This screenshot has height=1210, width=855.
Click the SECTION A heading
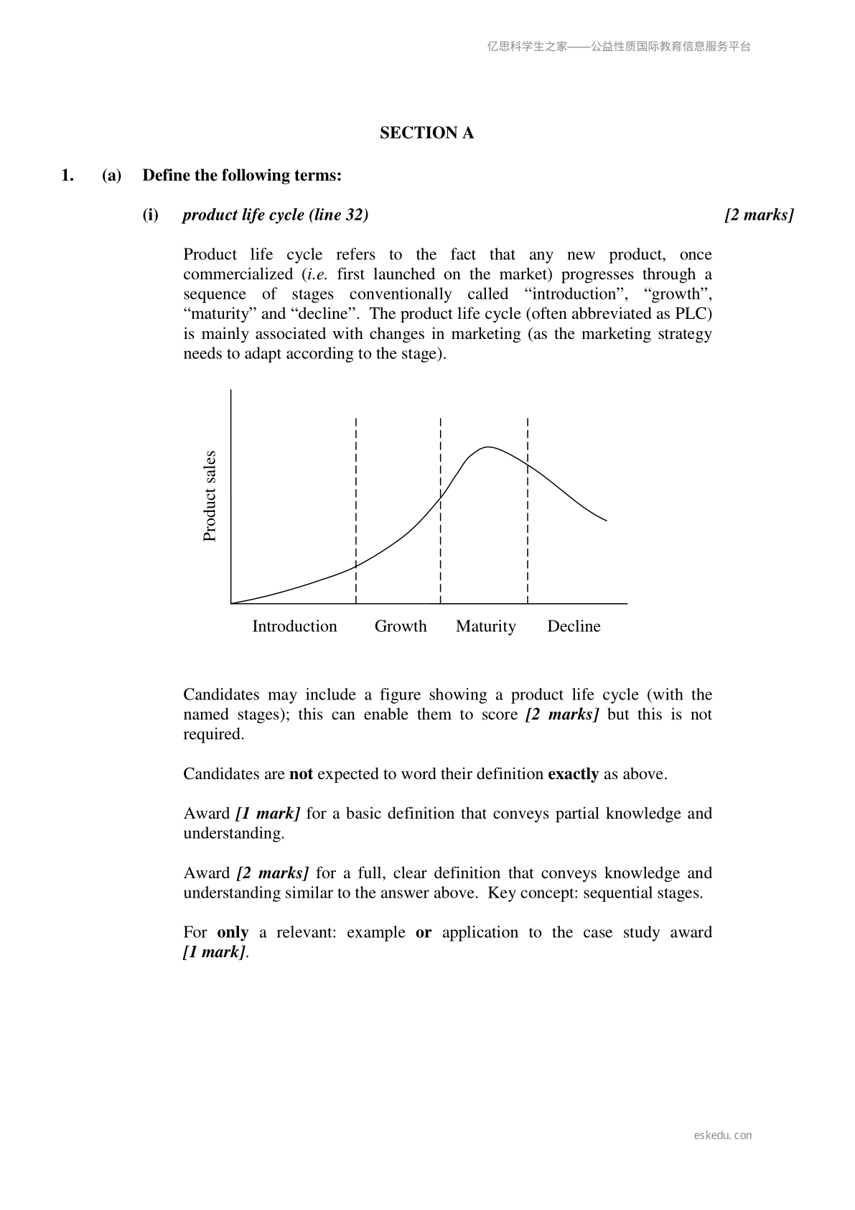pos(426,133)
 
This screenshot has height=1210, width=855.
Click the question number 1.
pos(67,175)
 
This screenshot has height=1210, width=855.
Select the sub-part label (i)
pos(150,215)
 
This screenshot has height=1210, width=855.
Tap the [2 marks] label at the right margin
pos(759,215)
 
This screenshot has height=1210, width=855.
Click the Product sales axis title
pos(210,496)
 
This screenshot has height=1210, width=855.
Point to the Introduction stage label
pos(294,626)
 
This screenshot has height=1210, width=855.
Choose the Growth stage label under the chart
pos(401,626)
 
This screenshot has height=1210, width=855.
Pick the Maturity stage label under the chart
pos(485,626)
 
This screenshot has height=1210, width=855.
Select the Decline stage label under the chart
pos(574,626)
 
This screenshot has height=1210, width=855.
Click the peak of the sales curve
pos(487,447)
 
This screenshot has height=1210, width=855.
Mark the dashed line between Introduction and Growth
pos(356,510)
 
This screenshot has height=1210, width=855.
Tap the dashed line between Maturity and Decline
pos(528,510)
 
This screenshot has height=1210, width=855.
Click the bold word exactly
pos(573,774)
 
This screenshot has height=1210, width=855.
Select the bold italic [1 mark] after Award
pos(268,814)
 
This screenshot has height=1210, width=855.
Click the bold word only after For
pos(233,933)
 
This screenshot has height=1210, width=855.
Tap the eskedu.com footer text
pos(723,1135)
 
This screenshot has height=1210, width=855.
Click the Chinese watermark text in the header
pos(619,47)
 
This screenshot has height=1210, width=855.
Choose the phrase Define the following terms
pos(242,175)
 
